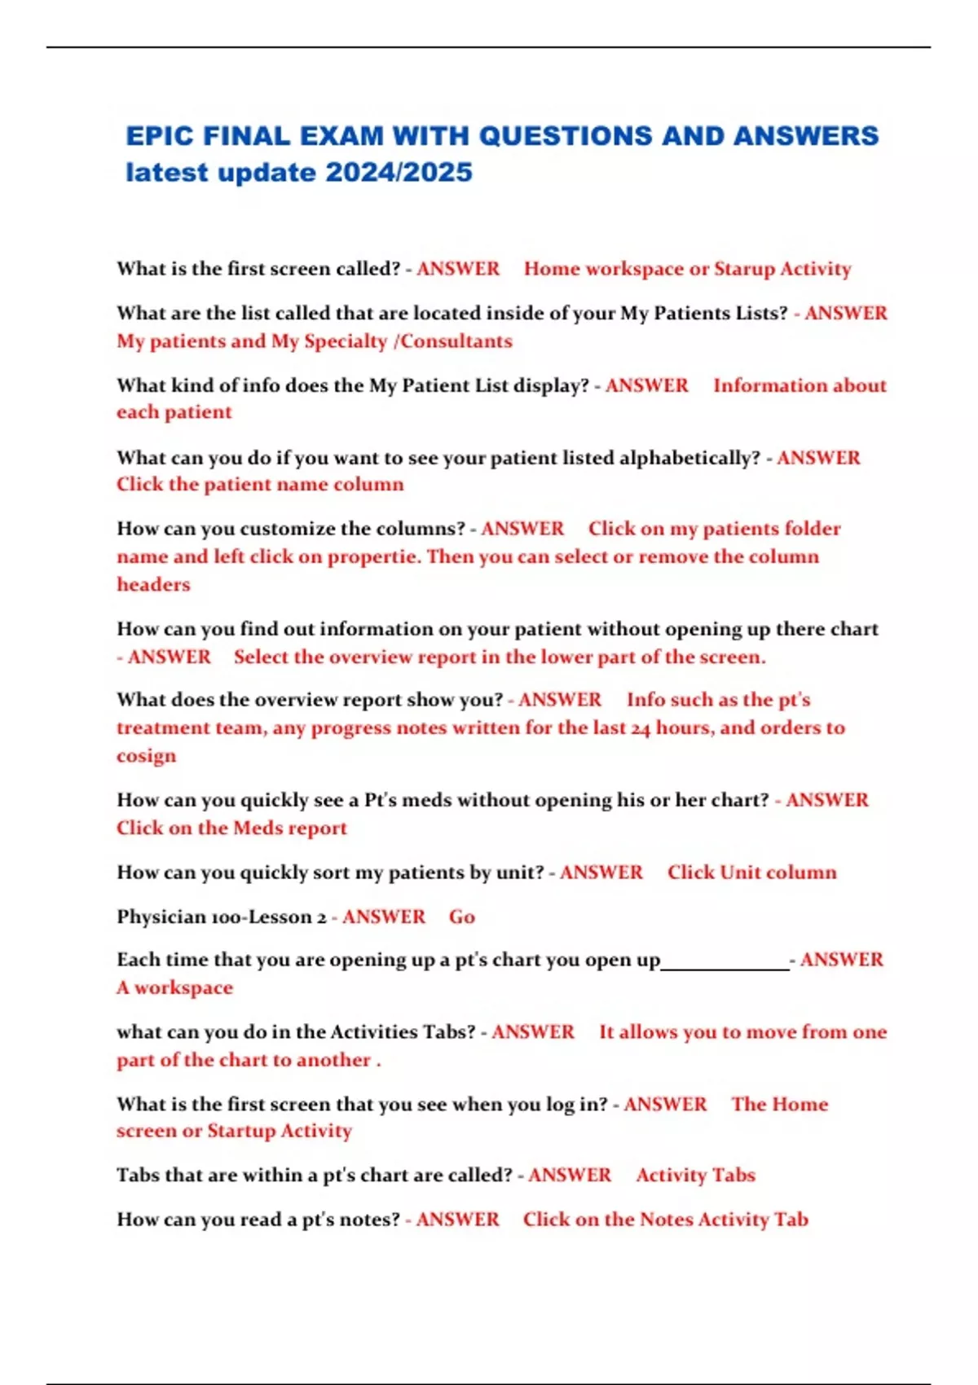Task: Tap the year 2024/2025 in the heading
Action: pyautogui.click(x=399, y=173)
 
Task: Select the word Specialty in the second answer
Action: pyautogui.click(x=341, y=341)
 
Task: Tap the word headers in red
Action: pyautogui.click(x=153, y=584)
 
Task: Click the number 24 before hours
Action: pyautogui.click(x=641, y=728)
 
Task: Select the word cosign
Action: pyautogui.click(x=146, y=756)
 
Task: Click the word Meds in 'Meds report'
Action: pyautogui.click(x=257, y=828)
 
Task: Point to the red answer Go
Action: pyautogui.click(x=462, y=917)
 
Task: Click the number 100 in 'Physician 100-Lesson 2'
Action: pyautogui.click(x=227, y=917)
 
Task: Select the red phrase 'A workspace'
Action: pyautogui.click(x=174, y=987)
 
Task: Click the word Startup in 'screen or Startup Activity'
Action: pyautogui.click(x=241, y=1131)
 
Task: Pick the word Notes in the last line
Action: pyautogui.click(x=666, y=1220)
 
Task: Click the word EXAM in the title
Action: pyautogui.click(x=341, y=136)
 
